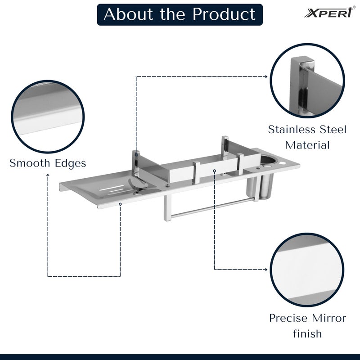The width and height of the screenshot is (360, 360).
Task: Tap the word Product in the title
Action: pyautogui.click(x=224, y=14)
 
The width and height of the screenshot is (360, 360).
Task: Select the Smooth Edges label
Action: pyautogui.click(x=48, y=163)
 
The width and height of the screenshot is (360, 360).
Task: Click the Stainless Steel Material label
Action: pyautogui.click(x=308, y=137)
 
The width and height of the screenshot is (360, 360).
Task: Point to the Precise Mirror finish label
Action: pyautogui.click(x=308, y=325)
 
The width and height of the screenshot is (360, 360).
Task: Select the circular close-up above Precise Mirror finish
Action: pyautogui.click(x=308, y=270)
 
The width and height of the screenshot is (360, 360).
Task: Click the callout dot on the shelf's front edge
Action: pyautogui.click(x=120, y=204)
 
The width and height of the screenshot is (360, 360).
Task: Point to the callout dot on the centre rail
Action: pyautogui.click(x=215, y=171)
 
